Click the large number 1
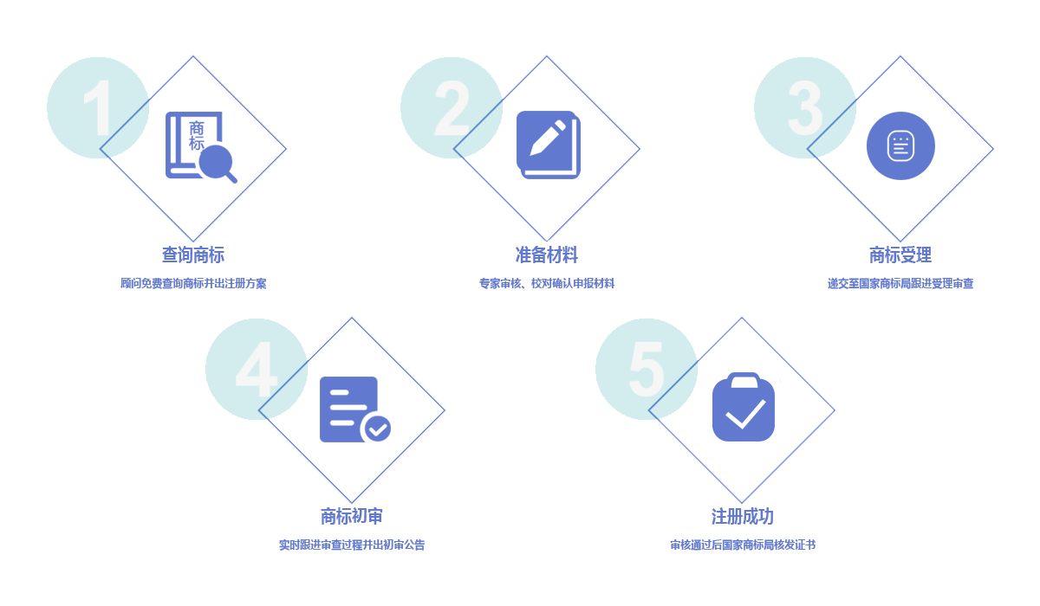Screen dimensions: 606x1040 point(97,108)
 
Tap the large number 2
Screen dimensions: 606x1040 point(451,108)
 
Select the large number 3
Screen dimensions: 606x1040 point(805,108)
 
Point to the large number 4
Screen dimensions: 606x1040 point(256,370)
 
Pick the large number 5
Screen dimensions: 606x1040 point(646,370)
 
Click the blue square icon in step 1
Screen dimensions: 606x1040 point(201,147)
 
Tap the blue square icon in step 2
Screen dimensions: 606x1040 point(549,145)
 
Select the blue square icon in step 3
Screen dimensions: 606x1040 point(901,145)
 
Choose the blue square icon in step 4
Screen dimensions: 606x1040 point(355,409)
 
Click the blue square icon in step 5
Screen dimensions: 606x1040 point(746,406)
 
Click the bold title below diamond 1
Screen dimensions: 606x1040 point(192,255)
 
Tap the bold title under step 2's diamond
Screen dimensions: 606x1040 point(546,255)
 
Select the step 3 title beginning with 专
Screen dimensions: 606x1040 point(900,255)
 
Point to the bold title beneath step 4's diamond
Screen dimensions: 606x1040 point(351,517)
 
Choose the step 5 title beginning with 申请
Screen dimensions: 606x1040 point(741,517)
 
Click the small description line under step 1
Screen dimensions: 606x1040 point(192,283)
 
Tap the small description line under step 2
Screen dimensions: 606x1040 point(546,283)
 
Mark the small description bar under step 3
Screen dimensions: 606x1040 point(900,283)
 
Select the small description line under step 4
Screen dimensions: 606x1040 point(351,545)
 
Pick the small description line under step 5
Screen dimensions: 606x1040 point(741,545)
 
